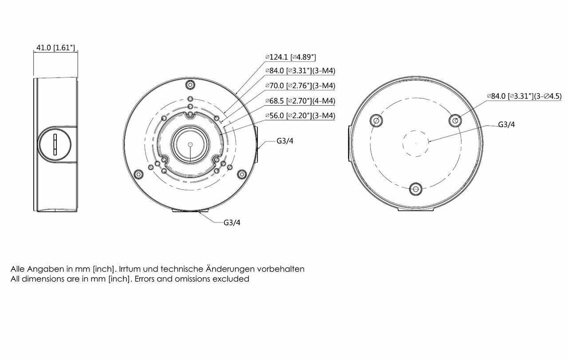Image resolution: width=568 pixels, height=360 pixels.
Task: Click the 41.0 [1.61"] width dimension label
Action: (55, 47)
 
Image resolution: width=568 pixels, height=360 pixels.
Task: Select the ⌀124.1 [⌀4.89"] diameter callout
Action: (290, 57)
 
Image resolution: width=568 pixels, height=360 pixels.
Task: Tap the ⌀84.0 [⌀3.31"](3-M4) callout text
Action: (300, 71)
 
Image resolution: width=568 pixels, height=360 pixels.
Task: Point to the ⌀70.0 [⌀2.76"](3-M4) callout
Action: (300, 86)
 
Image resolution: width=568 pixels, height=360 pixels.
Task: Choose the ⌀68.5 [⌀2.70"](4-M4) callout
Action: (300, 101)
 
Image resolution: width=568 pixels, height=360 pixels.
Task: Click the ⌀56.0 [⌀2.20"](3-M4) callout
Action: (300, 116)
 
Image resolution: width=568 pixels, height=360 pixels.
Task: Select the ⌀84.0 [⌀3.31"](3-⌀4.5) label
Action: (524, 96)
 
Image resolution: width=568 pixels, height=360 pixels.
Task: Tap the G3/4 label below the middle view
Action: (232, 222)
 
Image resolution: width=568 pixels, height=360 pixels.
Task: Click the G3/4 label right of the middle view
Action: (284, 141)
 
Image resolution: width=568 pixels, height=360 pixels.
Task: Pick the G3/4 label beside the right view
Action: (506, 125)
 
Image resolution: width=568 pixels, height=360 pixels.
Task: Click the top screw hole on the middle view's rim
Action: (190, 85)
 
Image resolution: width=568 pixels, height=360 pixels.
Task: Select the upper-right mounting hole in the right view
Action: (454, 119)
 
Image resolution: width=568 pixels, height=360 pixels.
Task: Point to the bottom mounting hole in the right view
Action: (415, 189)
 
